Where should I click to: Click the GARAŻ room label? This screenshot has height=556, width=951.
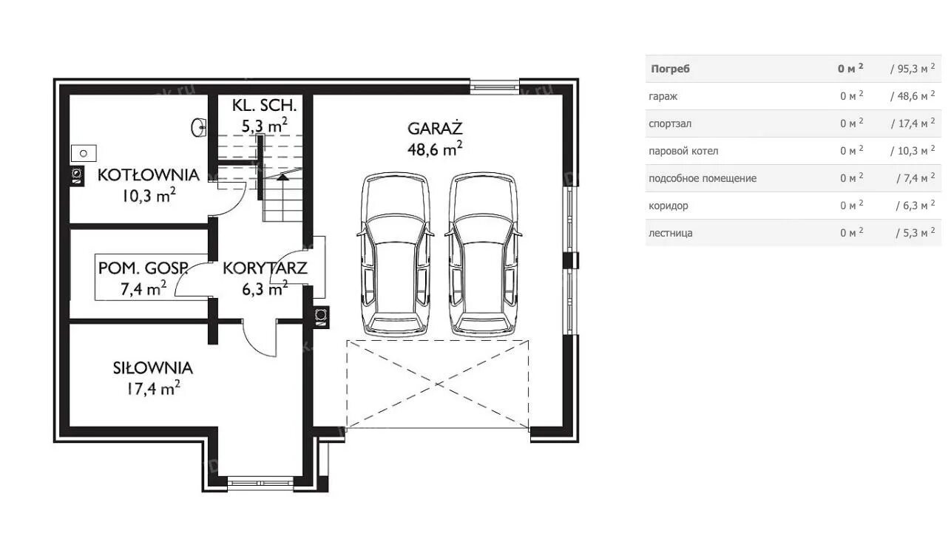coord(435,128)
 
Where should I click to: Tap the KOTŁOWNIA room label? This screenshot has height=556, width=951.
coord(149,175)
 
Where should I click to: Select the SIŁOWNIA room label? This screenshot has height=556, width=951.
coord(153,368)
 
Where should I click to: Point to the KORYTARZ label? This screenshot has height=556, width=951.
coord(265,268)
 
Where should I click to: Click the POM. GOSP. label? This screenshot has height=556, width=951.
coord(143,268)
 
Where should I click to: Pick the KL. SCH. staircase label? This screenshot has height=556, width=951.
coord(264,105)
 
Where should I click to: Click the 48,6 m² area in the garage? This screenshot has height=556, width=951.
coord(435,149)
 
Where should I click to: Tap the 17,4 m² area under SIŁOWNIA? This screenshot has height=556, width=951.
coord(153,388)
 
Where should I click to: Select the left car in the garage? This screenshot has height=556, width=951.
coord(396,254)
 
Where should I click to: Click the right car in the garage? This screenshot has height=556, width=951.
coord(483,254)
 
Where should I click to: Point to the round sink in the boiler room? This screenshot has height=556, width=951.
coord(198,127)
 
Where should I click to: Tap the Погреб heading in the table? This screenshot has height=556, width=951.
coord(671,69)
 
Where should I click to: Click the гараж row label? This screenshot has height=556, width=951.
coord(663,96)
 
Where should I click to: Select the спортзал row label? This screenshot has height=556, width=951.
coord(670,124)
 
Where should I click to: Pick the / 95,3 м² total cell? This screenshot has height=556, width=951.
coord(913,68)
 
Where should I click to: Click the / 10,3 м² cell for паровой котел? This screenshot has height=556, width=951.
coord(913,151)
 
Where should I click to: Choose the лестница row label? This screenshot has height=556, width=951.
coord(671,233)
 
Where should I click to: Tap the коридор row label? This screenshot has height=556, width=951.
coord(669,206)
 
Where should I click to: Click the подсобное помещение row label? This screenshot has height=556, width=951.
coord(703,178)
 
